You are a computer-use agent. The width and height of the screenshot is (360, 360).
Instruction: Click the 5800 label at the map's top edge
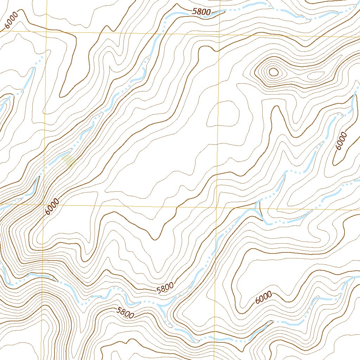point(201,12)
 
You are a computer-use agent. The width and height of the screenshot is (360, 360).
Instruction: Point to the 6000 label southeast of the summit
point(341,141)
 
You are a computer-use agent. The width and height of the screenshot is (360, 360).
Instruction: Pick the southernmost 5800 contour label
point(125,313)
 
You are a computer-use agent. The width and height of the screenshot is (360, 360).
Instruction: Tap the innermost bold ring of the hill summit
point(273,72)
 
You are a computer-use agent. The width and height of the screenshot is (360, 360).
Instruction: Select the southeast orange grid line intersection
point(216,207)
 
